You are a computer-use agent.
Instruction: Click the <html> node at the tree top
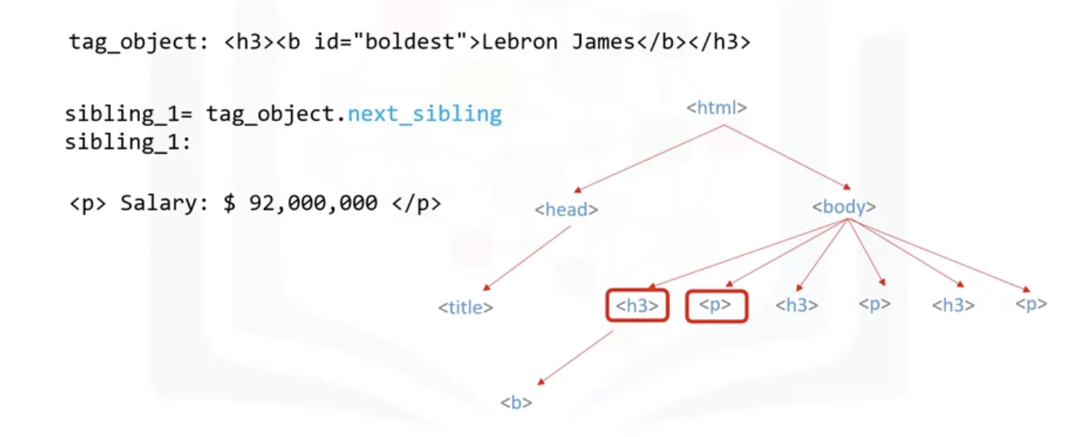tap(717, 108)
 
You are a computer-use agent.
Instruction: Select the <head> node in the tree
tap(566, 210)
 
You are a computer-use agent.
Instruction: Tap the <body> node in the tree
tap(844, 207)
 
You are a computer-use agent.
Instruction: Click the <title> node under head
tap(466, 307)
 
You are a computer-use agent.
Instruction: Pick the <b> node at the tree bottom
tap(516, 402)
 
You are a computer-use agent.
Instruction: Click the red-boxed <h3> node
tap(638, 306)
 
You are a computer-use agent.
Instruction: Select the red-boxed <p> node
tap(716, 306)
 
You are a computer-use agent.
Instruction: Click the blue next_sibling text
tap(425, 114)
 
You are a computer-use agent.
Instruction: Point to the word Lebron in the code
tap(521, 42)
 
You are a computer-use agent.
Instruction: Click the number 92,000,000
tap(313, 203)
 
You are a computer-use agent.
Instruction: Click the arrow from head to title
tap(527, 258)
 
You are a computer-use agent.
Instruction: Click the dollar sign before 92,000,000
tap(229, 203)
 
